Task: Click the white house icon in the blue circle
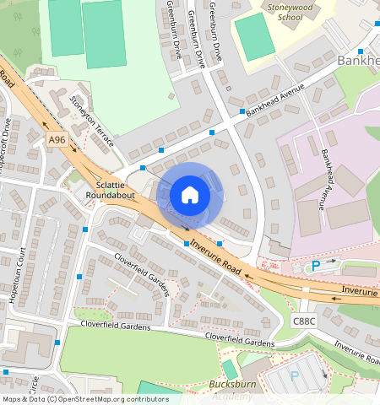(x=190, y=195)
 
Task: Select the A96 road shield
(x=57, y=139)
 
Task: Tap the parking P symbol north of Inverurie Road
(x=316, y=266)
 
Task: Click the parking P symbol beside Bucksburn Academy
(x=295, y=375)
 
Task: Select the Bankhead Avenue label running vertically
(x=325, y=179)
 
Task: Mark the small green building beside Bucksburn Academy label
(x=230, y=370)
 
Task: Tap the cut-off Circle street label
(x=34, y=385)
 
